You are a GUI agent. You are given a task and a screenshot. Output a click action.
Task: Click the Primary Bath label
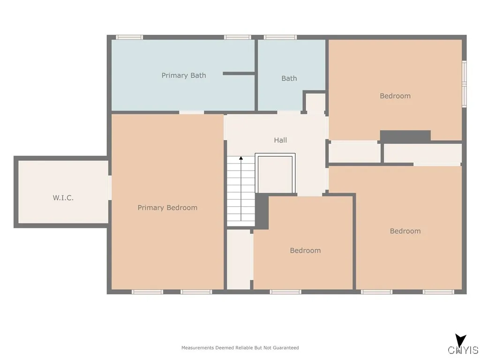(184, 75)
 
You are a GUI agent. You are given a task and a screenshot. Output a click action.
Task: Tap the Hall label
(280, 140)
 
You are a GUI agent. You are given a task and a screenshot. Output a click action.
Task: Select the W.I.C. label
(63, 198)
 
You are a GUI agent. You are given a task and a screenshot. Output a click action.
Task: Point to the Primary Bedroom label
(167, 208)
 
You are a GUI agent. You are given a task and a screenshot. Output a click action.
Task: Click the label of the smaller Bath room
(289, 79)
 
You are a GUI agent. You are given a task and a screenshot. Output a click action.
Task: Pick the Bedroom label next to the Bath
(395, 96)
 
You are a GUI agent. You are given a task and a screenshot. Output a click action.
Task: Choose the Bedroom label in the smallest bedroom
(305, 251)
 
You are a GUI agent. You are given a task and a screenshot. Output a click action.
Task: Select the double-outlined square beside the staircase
(275, 173)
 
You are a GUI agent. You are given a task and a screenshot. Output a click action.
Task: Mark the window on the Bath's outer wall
(280, 37)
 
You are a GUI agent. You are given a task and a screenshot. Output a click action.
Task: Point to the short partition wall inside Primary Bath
(239, 74)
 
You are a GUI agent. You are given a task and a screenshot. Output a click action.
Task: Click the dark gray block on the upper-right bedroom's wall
(405, 136)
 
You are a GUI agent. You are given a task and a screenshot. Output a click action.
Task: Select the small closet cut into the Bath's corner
(315, 103)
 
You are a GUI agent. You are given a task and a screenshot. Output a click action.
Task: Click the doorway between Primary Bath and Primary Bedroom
(191, 112)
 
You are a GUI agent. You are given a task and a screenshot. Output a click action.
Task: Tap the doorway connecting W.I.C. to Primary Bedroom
(109, 188)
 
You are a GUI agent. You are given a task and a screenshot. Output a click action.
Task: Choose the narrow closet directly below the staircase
(239, 259)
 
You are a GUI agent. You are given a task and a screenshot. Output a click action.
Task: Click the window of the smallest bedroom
(285, 292)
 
